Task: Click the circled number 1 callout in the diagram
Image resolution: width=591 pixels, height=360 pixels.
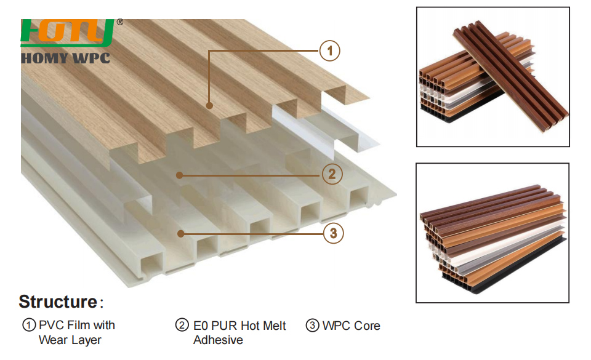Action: [331, 51]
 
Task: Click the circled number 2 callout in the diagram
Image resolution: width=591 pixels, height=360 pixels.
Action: [332, 175]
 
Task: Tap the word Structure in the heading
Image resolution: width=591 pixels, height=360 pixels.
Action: [57, 302]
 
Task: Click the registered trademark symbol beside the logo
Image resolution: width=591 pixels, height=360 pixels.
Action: [119, 22]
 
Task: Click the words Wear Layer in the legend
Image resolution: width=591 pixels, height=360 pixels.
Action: [70, 340]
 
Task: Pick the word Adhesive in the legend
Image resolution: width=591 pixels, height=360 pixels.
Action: [218, 340]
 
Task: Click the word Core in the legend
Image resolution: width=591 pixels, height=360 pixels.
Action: [366, 326]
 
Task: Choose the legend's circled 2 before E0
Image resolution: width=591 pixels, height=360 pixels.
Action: [182, 326]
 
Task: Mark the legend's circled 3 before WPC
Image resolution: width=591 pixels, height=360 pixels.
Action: [313, 326]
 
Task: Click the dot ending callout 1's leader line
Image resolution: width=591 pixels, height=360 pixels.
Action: [210, 106]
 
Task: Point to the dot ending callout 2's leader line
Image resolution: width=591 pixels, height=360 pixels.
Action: [179, 175]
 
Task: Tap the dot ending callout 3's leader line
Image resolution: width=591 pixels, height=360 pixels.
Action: [180, 233]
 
